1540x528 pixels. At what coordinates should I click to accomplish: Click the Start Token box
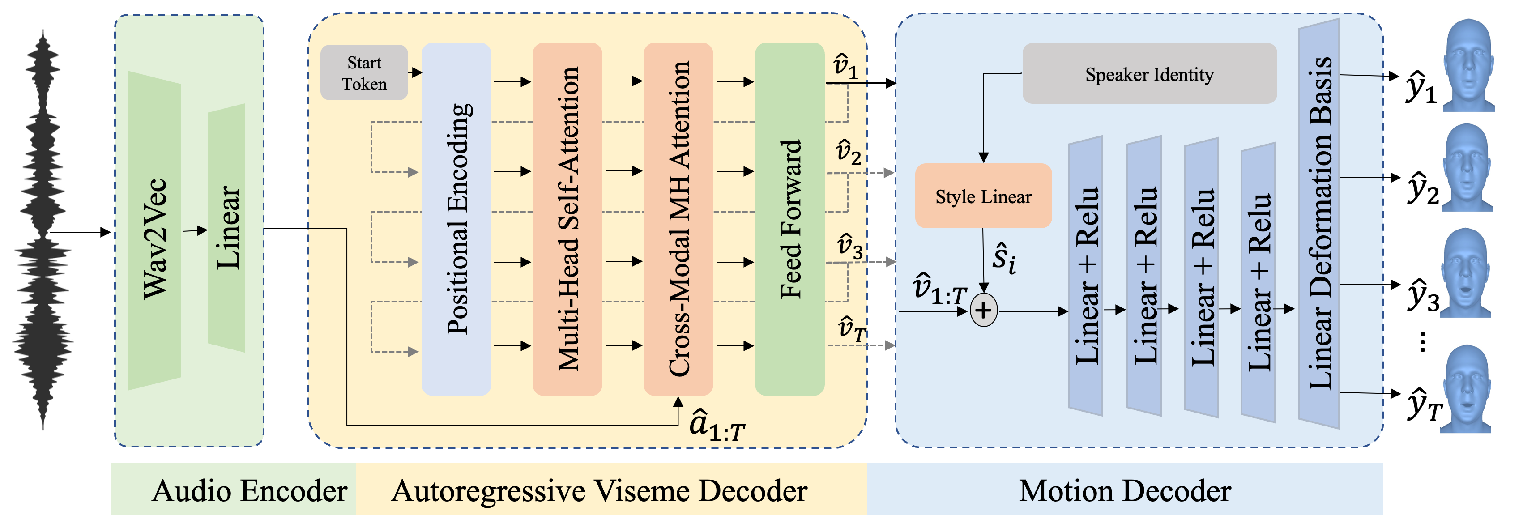363,72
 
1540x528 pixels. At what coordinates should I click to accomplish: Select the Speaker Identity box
1148,73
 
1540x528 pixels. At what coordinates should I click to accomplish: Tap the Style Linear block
983,196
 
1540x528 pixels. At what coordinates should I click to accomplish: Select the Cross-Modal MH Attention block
678,218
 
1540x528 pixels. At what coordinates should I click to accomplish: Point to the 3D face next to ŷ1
1467,66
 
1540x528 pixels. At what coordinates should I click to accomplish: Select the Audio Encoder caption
249,490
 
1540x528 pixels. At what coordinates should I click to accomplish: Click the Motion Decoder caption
1124,490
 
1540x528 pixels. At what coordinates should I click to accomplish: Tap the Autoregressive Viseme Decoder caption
599,490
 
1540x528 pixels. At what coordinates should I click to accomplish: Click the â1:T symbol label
716,426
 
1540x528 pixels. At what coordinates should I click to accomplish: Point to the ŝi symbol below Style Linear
1003,258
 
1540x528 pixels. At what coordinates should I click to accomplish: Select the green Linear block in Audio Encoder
226,227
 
